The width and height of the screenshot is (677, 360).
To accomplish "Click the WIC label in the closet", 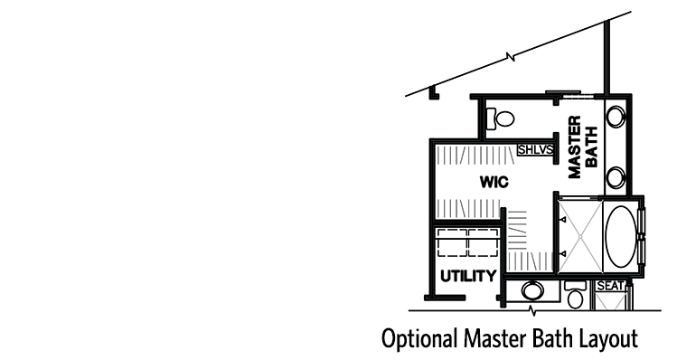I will pyautogui.click(x=494, y=182).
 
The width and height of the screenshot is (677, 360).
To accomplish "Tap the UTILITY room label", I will pyautogui.click(x=467, y=275).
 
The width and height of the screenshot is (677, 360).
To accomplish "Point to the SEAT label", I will pyautogui.click(x=611, y=286).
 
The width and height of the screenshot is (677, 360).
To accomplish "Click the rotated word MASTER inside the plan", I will pyautogui.click(x=574, y=146).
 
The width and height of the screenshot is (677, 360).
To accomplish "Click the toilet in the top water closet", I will pyautogui.click(x=499, y=118).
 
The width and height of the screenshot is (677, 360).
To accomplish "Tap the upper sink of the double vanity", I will pyautogui.click(x=617, y=117).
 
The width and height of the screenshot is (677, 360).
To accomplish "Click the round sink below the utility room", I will pyautogui.click(x=532, y=291).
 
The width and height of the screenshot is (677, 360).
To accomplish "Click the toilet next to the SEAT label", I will pyautogui.click(x=575, y=295).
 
